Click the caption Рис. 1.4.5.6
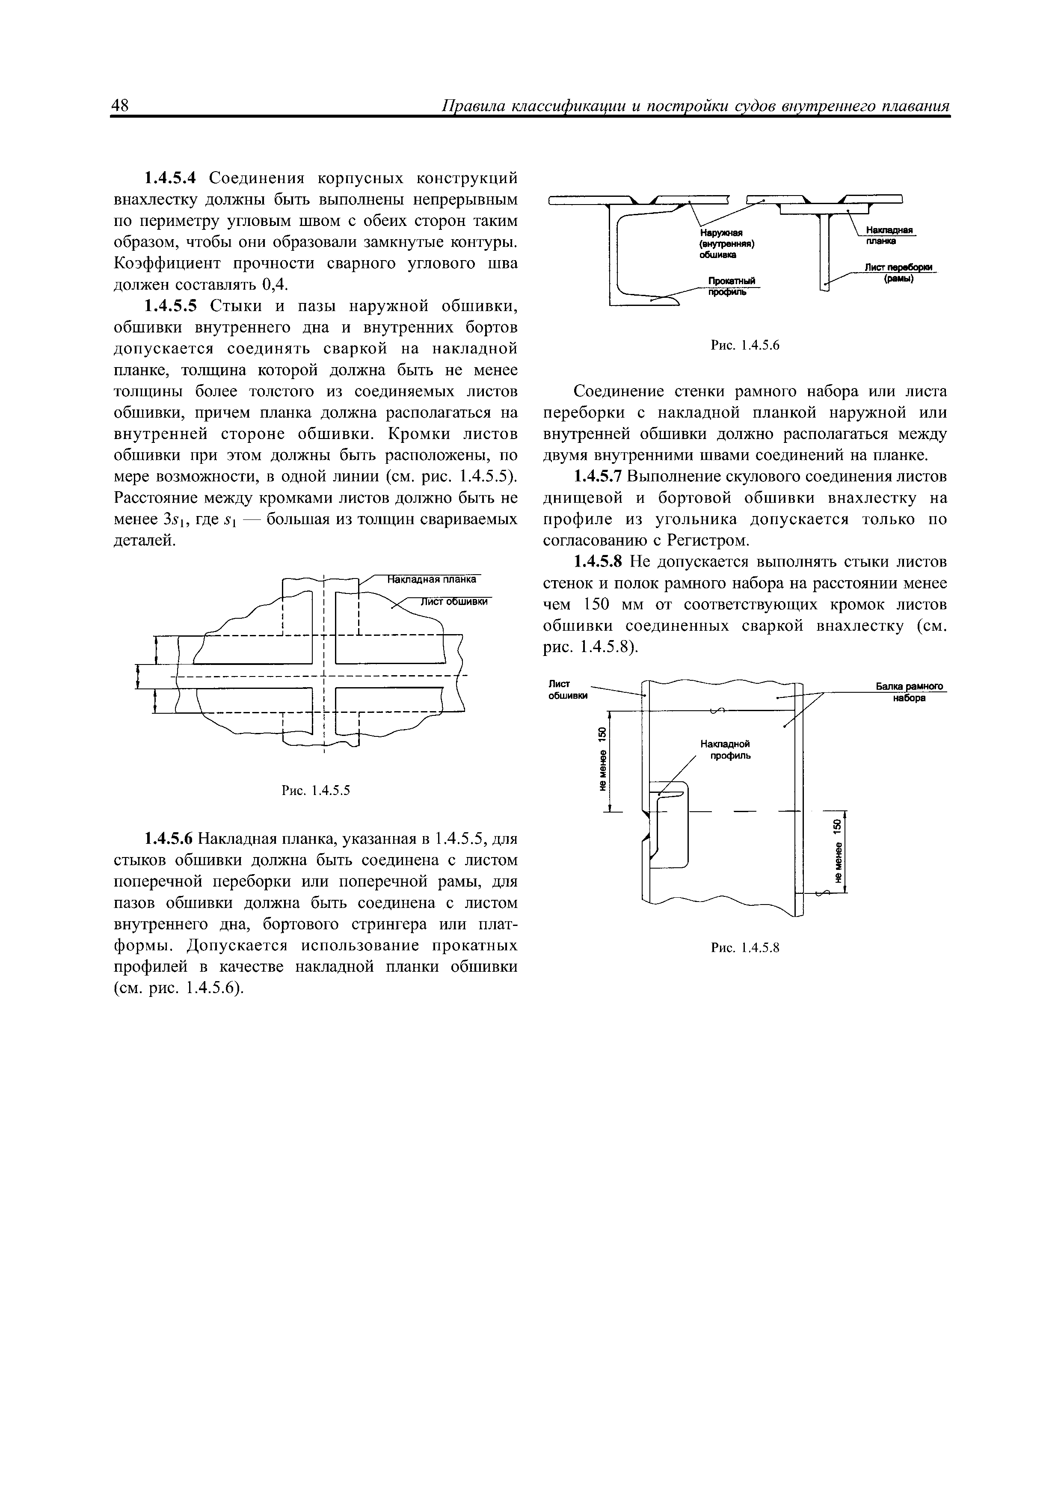pos(745,345)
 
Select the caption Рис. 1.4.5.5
pos(316,791)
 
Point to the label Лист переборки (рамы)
pos(900,273)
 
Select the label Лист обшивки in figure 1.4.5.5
pos(453,602)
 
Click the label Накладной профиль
pos(725,750)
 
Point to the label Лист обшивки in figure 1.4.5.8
pos(567,689)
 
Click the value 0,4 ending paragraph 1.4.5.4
pos(275,285)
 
